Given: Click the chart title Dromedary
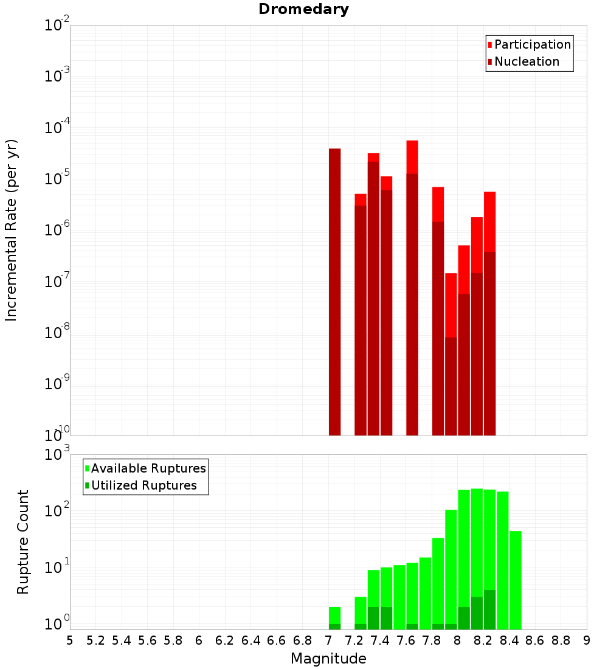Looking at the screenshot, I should (x=303, y=9).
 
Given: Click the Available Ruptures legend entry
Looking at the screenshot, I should (x=148, y=468).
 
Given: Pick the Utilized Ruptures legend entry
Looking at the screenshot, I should (x=143, y=485).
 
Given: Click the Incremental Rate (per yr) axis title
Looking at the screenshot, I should (x=12, y=230).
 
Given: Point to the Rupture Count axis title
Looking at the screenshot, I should (x=23, y=542).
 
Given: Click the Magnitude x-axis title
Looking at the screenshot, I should (x=328, y=658).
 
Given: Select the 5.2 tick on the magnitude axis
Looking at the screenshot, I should (x=95, y=640).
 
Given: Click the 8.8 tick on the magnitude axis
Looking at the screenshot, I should (x=561, y=640).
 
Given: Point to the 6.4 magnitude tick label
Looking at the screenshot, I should (x=250, y=640).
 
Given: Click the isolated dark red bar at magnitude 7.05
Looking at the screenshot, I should (x=334, y=292).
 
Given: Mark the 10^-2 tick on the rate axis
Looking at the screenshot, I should (x=57, y=26).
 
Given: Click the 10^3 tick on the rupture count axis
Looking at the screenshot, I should (x=57, y=454).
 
